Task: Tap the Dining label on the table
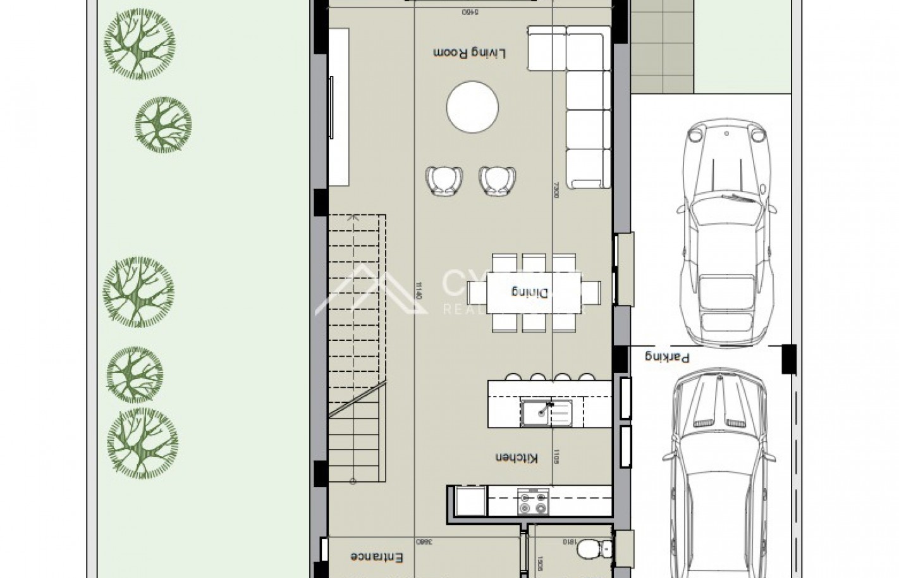pos(530,292)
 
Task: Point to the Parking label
pos(666,357)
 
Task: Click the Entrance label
pos(377,556)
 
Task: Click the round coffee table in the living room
pos(473,108)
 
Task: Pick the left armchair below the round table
pos(444,180)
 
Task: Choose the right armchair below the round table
pos(498,180)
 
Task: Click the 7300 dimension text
pos(556,190)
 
